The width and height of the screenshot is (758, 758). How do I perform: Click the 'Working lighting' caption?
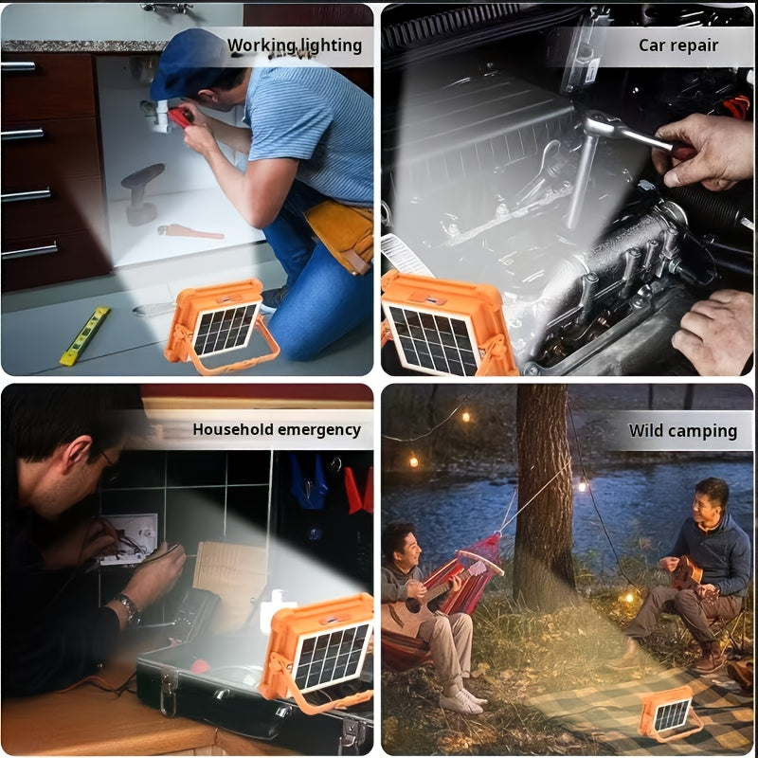tap(295, 45)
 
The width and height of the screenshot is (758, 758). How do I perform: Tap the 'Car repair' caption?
tap(678, 45)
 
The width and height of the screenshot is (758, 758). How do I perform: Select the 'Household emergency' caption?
tap(277, 429)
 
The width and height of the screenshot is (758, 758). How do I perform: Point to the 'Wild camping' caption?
tap(683, 431)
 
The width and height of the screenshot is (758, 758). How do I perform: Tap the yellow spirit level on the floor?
tap(84, 335)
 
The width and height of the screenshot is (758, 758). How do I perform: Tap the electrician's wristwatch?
tap(128, 606)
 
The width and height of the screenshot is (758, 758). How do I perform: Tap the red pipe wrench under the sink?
tap(189, 230)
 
